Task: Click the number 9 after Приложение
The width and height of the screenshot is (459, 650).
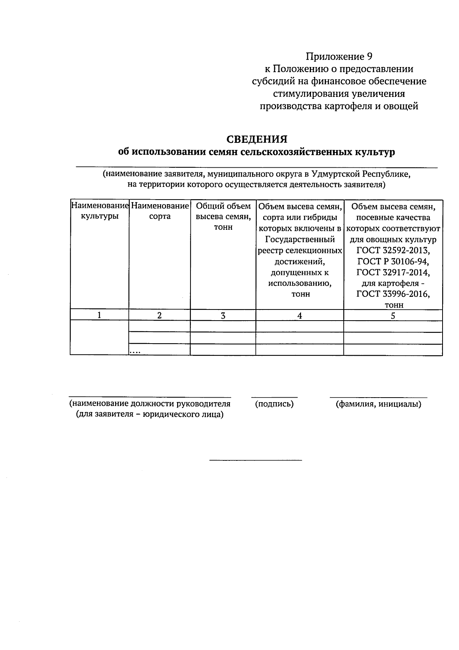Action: (369, 57)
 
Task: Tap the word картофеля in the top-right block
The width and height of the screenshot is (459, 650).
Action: (347, 106)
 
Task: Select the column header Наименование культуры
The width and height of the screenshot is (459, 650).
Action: (99, 211)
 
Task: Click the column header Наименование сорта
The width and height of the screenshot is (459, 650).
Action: (160, 211)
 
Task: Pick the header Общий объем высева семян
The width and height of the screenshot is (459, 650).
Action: (223, 216)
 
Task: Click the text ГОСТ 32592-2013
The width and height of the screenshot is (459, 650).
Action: (393, 251)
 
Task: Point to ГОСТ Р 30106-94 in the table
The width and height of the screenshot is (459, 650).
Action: (393, 262)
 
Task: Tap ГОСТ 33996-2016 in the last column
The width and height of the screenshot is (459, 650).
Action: (393, 294)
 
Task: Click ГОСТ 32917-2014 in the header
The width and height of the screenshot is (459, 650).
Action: (393, 272)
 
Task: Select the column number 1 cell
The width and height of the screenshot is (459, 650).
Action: (99, 315)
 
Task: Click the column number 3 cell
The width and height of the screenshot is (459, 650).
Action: (223, 315)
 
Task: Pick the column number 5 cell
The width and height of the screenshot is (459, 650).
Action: (393, 315)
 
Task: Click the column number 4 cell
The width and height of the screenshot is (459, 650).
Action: (300, 315)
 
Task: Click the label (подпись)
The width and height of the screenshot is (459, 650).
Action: (274, 404)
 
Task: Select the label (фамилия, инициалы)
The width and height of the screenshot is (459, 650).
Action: (378, 404)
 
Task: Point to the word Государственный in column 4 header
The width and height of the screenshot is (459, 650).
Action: (300, 240)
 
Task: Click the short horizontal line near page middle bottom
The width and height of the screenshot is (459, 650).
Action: (256, 460)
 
